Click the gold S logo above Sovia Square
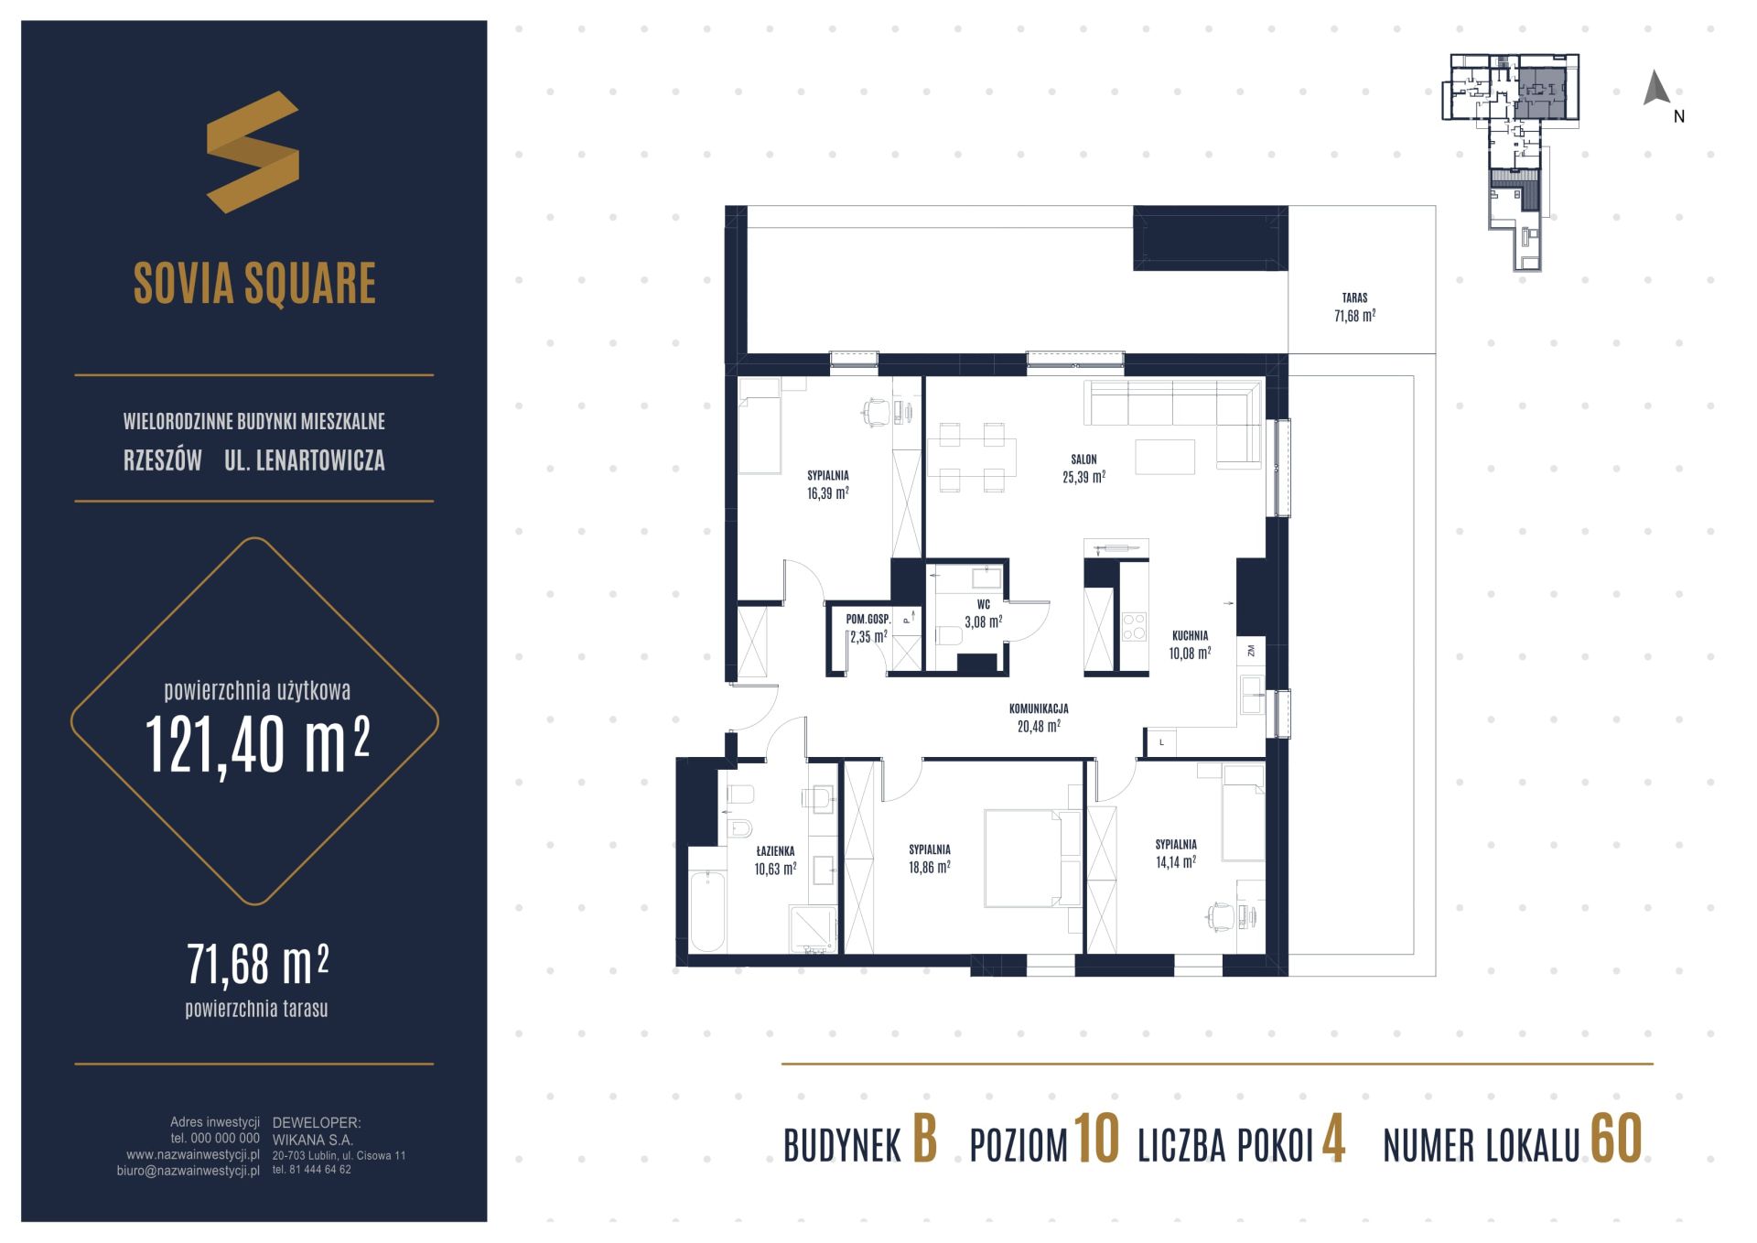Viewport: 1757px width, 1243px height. click(253, 152)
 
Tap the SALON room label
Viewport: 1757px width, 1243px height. click(1083, 459)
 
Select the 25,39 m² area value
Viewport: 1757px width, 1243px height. click(1084, 476)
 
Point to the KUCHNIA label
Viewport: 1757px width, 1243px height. click(1190, 635)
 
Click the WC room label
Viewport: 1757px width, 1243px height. click(984, 605)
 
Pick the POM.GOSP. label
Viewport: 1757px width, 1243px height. click(868, 620)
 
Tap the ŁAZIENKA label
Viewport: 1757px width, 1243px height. click(775, 851)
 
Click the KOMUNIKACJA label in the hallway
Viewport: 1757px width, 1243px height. click(1039, 708)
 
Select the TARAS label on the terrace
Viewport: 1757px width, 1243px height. click(1354, 297)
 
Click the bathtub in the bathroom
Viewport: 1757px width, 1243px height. click(706, 912)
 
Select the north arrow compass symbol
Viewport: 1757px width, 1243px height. click(1656, 88)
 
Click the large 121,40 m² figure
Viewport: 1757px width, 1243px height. click(257, 744)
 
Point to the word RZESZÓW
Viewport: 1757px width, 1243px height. click(163, 460)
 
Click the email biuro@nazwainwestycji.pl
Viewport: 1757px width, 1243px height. click(189, 1171)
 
